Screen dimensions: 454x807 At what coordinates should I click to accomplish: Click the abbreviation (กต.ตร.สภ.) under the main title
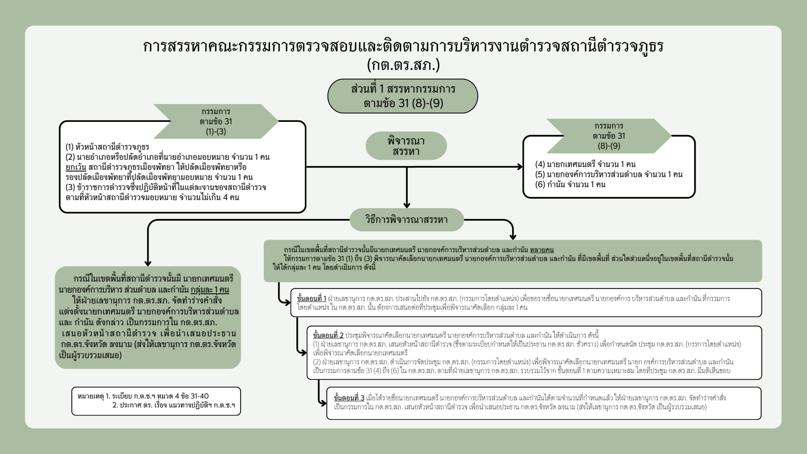pyautogui.click(x=403, y=65)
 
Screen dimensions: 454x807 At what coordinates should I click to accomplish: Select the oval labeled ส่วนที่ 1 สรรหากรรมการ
pyautogui.click(x=403, y=96)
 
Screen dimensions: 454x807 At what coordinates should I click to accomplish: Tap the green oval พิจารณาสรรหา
pyautogui.click(x=406, y=146)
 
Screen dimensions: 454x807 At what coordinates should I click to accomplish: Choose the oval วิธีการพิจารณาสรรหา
pyautogui.click(x=407, y=220)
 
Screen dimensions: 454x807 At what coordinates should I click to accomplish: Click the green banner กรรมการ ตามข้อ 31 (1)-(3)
pyautogui.click(x=215, y=121)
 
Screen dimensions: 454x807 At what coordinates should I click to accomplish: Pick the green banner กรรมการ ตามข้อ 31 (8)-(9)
pyautogui.click(x=609, y=136)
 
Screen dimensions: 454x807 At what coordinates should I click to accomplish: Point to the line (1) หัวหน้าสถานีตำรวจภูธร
pyautogui.click(x=107, y=147)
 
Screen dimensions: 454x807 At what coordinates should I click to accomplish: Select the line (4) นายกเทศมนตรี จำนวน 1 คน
pyautogui.click(x=585, y=164)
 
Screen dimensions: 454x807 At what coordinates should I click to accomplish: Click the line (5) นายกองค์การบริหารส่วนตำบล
pyautogui.click(x=608, y=174)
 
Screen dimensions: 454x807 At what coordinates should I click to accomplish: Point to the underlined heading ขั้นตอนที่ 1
pyautogui.click(x=312, y=298)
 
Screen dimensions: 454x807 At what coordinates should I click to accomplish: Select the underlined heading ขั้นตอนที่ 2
pyautogui.click(x=328, y=335)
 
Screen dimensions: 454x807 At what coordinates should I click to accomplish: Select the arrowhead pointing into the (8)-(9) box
pyautogui.click(x=520, y=167)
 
